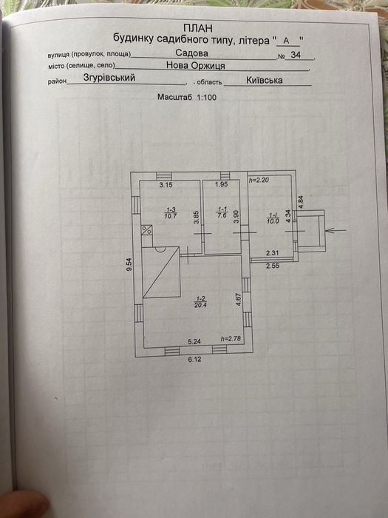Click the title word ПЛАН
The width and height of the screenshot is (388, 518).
coord(198,28)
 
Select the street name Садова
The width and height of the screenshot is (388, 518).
coord(191,53)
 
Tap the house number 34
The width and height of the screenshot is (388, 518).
coord(296,55)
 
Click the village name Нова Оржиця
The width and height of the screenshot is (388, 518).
coord(196,65)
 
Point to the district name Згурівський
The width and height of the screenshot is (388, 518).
coord(109,77)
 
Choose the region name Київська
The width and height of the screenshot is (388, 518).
coord(265,80)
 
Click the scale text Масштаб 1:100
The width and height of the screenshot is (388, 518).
coord(187,97)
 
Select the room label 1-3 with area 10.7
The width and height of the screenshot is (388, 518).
coord(171,213)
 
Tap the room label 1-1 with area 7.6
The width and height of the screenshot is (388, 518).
coord(222,212)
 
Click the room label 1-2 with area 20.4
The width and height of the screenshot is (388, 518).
coord(200,302)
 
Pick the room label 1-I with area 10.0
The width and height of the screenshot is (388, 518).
coord(273,218)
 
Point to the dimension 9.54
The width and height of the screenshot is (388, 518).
coord(129,264)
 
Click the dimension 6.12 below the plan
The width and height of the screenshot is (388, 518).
coord(194,359)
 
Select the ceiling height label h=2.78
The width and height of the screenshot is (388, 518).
coord(231,339)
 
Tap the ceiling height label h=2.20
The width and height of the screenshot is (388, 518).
coord(259,180)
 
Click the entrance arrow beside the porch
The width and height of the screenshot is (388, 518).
coord(336,230)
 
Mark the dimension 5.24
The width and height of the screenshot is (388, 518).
coord(194,342)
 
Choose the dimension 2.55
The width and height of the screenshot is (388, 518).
coord(273,265)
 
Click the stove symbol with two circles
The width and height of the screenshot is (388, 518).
coord(147,230)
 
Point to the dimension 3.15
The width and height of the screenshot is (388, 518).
coord(166,185)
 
